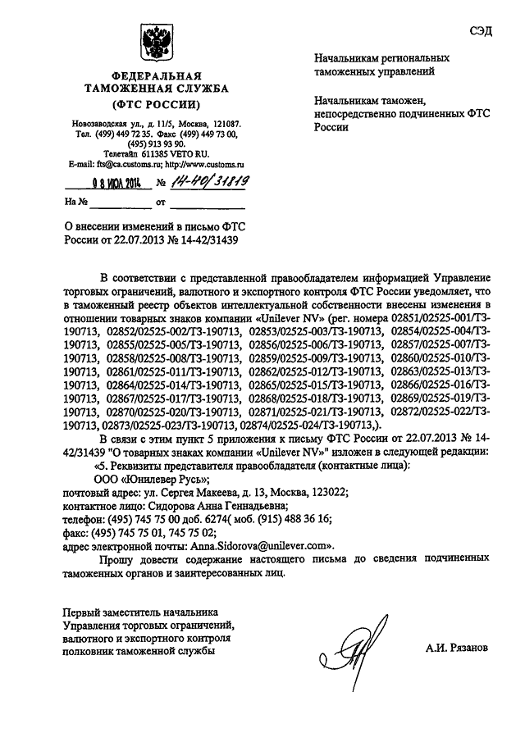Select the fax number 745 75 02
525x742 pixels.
[221, 532]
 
